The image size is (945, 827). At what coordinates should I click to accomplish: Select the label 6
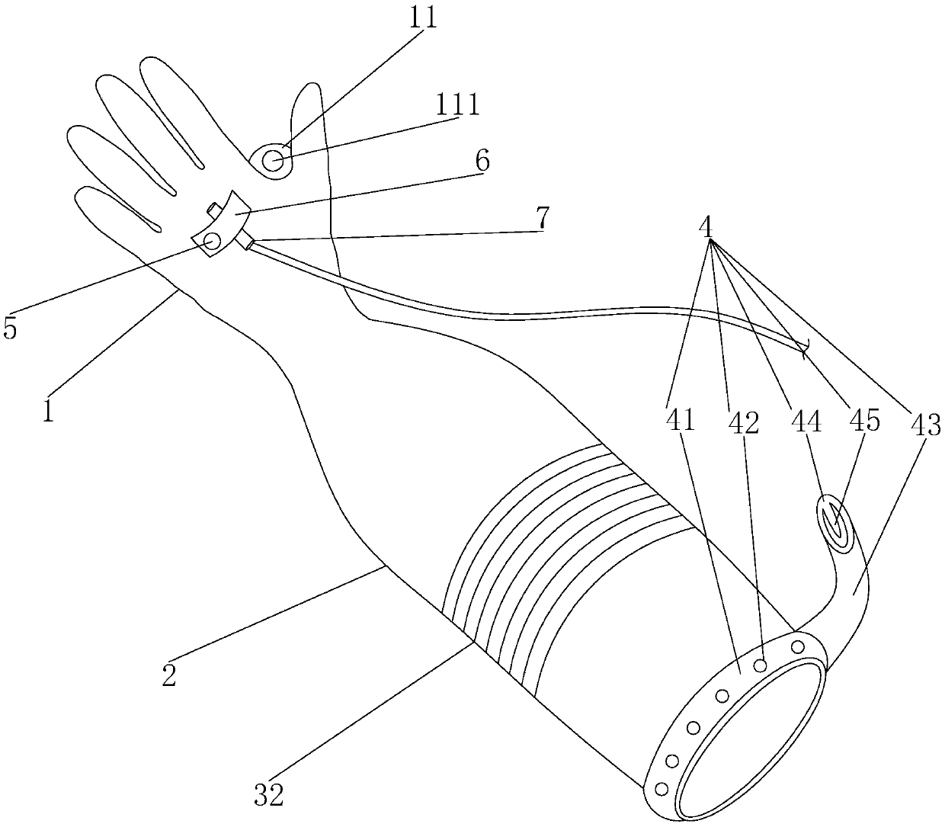click(x=482, y=160)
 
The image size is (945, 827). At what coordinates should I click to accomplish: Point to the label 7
click(x=541, y=219)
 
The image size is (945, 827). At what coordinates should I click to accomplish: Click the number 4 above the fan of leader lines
click(x=706, y=226)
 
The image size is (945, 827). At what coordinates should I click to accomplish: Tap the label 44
click(x=809, y=421)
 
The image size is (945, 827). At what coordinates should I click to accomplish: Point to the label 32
click(x=269, y=796)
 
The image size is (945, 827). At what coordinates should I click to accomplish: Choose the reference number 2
click(x=169, y=675)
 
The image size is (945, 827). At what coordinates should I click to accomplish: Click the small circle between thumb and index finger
click(x=274, y=161)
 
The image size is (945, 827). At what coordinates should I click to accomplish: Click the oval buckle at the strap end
click(x=836, y=523)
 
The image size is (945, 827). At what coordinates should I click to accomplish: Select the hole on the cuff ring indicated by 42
click(x=760, y=665)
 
